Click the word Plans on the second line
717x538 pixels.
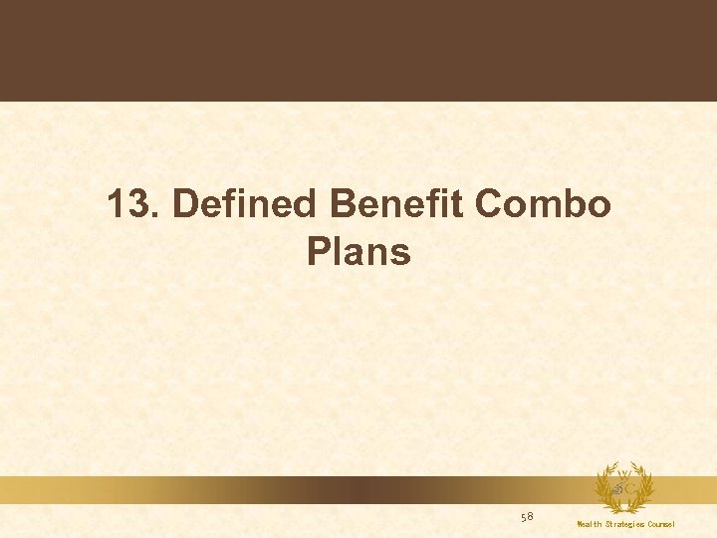click(358, 252)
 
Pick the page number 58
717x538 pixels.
click(527, 516)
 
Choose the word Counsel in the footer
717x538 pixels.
click(659, 524)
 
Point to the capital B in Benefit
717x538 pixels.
click(342, 205)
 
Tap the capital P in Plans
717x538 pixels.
click(318, 252)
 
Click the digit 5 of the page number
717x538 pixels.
click(524, 516)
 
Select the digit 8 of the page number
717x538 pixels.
click(531, 516)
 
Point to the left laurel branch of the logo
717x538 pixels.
click(601, 488)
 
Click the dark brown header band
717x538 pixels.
click(358, 50)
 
